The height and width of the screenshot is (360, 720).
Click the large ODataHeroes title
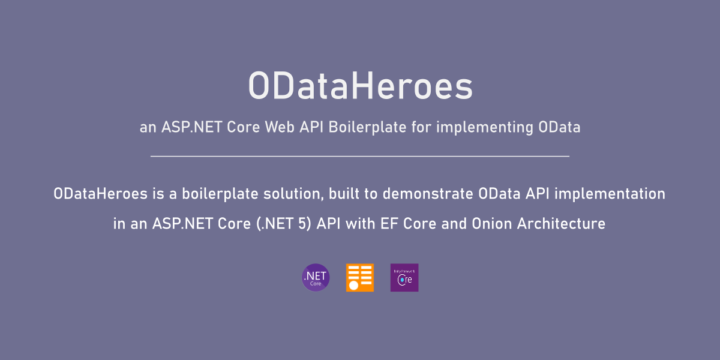coord(360,86)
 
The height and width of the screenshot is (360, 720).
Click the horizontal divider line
coord(360,156)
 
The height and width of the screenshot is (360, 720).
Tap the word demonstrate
coord(428,194)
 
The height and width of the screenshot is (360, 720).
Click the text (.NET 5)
coord(284,224)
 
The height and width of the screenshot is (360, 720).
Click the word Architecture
coord(561,224)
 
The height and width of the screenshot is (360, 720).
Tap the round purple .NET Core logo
coord(316,277)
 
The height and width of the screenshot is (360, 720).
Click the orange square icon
coord(360,278)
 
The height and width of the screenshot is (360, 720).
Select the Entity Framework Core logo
coord(404,278)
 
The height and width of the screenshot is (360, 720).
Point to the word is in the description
coord(158,194)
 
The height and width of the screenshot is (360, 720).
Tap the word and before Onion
coord(454,224)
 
